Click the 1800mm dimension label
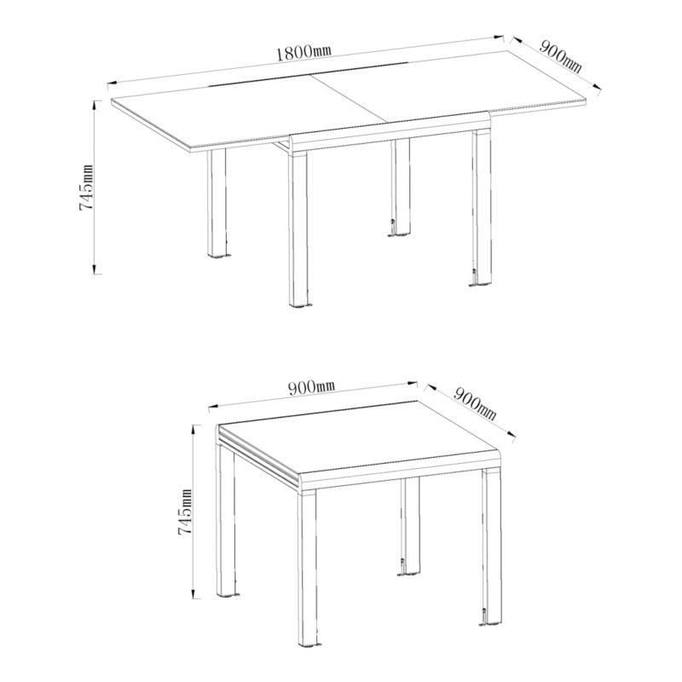pyautogui.click(x=303, y=52)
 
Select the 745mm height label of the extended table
pyautogui.click(x=86, y=187)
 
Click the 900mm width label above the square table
pyautogui.click(x=311, y=387)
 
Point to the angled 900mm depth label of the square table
pyautogui.click(x=475, y=403)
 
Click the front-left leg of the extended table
pyautogui.click(x=217, y=204)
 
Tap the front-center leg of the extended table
pyautogui.click(x=298, y=229)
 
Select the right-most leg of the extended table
pyautogui.click(x=481, y=209)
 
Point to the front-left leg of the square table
pyautogui.click(x=226, y=521)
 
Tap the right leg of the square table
pyautogui.click(x=492, y=547)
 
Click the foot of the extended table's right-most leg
pyautogui.click(x=480, y=286)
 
